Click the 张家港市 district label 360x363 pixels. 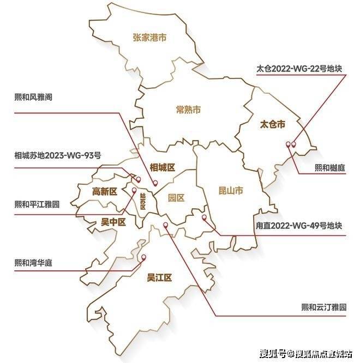[x=149, y=38]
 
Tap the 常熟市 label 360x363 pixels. [x=188, y=110]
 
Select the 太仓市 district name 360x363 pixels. [x=272, y=124]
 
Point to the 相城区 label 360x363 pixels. [x=163, y=167]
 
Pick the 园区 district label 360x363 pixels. [x=176, y=197]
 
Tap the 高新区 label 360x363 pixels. [x=105, y=191]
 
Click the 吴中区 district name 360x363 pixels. [x=113, y=222]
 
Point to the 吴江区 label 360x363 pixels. [x=159, y=277]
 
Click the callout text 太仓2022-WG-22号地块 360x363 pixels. [x=301, y=69]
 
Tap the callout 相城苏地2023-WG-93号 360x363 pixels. [x=58, y=155]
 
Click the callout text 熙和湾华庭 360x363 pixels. [x=37, y=262]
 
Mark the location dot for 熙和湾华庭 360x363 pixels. [x=144, y=258]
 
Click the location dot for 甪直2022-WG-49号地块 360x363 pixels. [x=204, y=217]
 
